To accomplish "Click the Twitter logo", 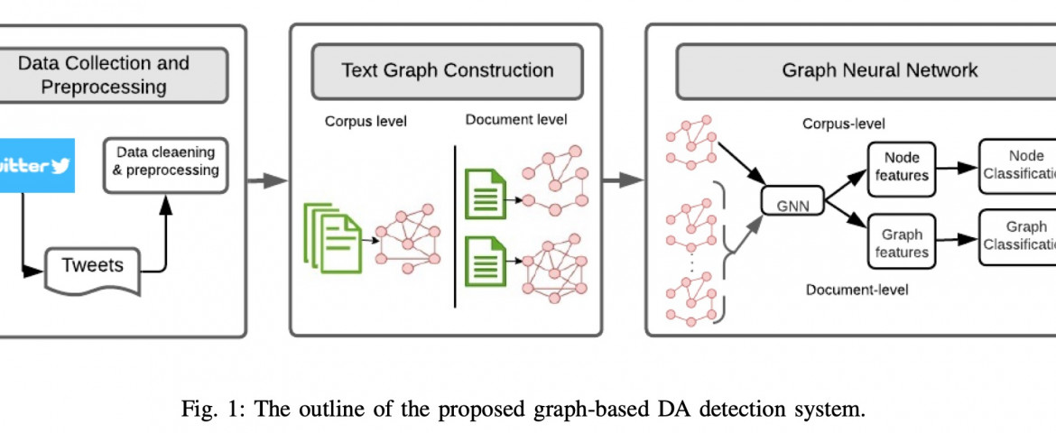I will [x=36, y=165].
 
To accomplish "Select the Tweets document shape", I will [x=92, y=266].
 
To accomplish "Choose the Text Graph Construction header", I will [x=447, y=70].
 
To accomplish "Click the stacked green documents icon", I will [x=332, y=237].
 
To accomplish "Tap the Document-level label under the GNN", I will [x=857, y=290].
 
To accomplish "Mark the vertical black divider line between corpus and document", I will [x=456, y=226].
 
